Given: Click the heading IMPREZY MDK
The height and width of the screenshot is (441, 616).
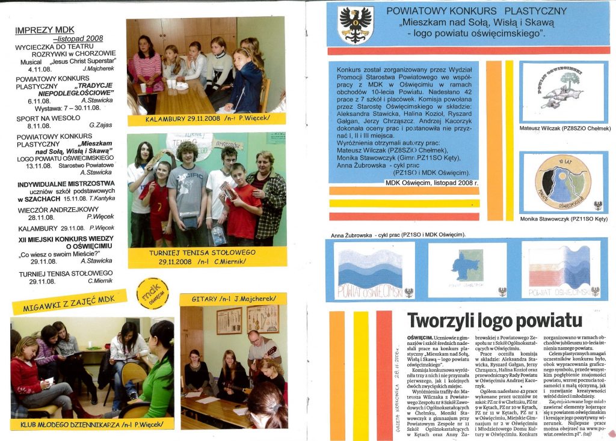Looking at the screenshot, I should (45, 29).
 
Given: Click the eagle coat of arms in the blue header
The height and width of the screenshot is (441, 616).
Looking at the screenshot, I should (356, 25).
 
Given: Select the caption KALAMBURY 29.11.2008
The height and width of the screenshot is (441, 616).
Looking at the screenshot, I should (206, 120).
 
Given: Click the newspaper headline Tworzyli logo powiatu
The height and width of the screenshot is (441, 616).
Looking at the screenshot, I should (495, 320).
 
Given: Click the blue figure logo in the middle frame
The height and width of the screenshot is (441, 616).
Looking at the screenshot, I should (467, 267).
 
